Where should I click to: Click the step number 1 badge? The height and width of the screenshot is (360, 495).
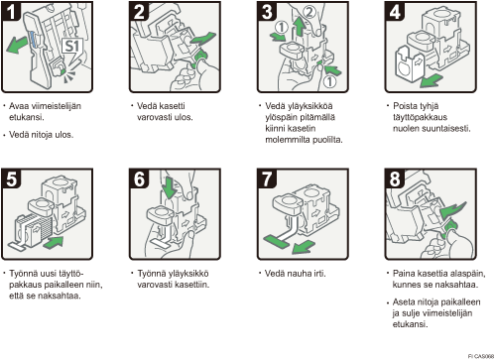tap(11, 11)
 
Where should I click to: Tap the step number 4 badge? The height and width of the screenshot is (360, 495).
tap(395, 11)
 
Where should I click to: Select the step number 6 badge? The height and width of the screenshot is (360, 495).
tap(139, 179)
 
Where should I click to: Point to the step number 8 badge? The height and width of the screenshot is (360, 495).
tap(395, 179)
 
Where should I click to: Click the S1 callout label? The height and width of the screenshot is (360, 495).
tap(72, 46)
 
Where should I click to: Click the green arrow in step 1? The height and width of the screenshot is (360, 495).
tap(17, 46)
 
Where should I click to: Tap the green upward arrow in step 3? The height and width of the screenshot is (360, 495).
tap(300, 27)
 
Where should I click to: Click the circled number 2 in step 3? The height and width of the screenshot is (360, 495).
tap(309, 12)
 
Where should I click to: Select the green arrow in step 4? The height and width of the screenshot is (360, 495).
tap(432, 80)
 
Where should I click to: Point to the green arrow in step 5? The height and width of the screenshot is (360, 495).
tap(53, 242)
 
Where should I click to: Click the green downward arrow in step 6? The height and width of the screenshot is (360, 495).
tap(170, 187)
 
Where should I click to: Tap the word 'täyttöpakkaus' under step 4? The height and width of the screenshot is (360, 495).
tap(420, 117)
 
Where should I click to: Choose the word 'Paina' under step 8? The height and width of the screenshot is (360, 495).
tap(404, 274)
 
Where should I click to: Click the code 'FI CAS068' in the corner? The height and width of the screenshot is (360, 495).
tap(481, 356)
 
